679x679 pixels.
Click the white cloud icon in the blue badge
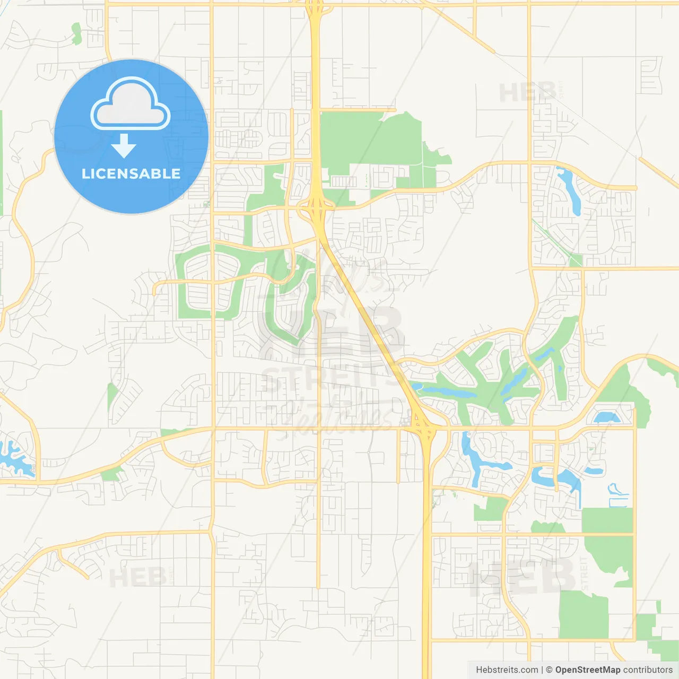pos(130,105)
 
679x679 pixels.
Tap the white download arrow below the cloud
pos(124,146)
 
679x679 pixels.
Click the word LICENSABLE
pos(131,173)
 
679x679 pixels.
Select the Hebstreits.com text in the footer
pos(507,670)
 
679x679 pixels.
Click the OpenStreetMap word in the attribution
pos(587,670)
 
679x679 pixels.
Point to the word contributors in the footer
pos(648,670)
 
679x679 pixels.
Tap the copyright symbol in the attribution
pos(549,670)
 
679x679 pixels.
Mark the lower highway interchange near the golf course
pos(422,424)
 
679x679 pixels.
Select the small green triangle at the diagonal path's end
pos(575,260)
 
